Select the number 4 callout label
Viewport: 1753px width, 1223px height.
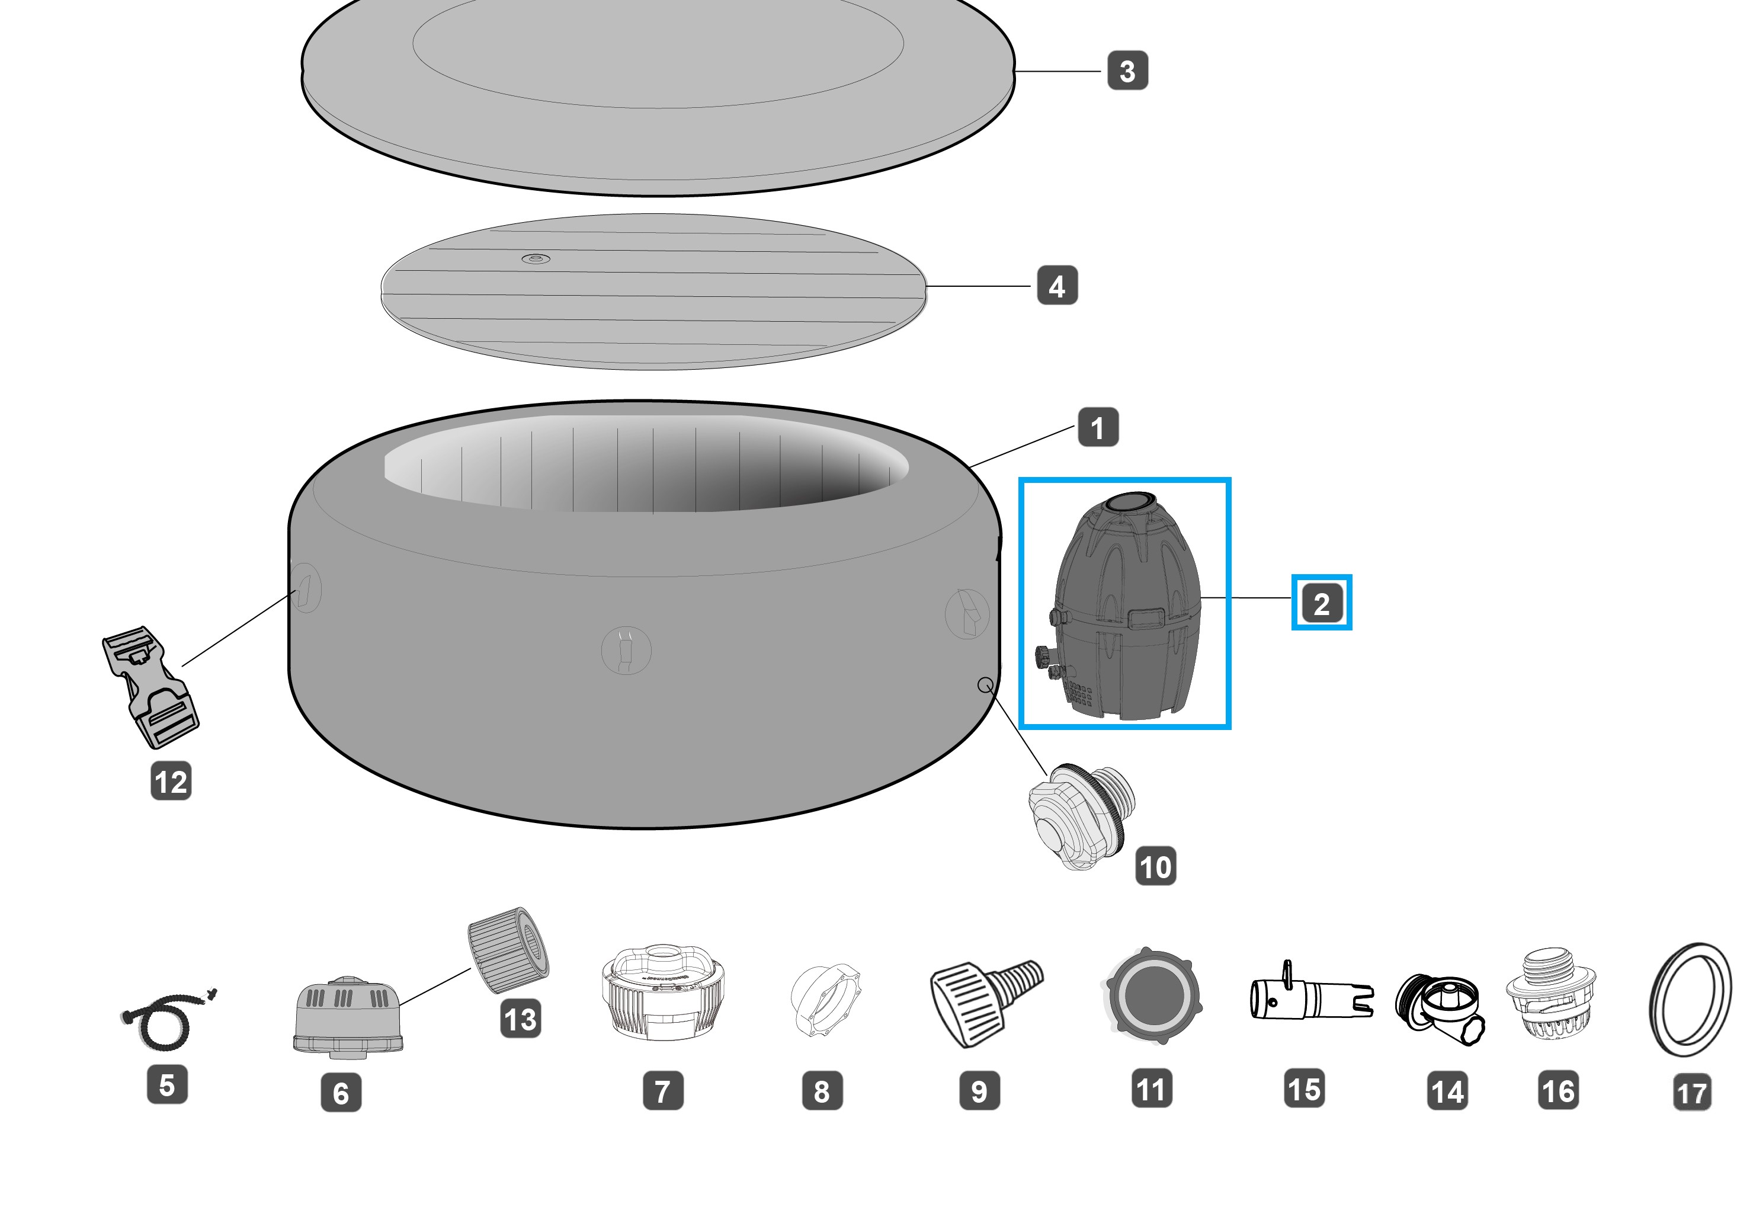1057,286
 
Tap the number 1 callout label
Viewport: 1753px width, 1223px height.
1098,427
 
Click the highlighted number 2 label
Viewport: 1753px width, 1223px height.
1322,603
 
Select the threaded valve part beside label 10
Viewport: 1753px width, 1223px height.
1081,815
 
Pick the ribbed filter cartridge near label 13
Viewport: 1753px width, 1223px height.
508,950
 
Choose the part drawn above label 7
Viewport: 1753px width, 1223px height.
663,993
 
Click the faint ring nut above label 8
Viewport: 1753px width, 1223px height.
824,1001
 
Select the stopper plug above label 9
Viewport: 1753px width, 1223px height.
985,1003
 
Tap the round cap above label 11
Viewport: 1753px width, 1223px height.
1153,995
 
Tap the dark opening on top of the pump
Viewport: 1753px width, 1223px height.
1132,501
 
